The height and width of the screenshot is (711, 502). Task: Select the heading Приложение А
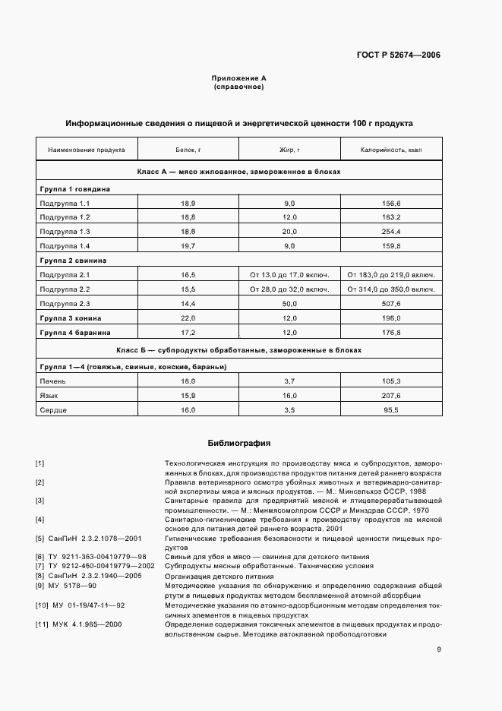(238, 78)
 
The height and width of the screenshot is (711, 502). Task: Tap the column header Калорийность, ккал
(390, 150)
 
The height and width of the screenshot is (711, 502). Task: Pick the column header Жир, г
(289, 150)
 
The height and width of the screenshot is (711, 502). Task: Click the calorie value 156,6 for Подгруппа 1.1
(390, 204)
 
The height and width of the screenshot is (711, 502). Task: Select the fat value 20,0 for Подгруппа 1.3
(289, 231)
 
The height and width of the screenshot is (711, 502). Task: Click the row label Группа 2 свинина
(73, 260)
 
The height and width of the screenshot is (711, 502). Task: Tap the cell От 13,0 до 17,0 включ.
(289, 274)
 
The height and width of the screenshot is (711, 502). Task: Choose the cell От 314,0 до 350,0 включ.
(390, 289)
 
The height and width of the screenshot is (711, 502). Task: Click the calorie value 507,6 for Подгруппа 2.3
(390, 303)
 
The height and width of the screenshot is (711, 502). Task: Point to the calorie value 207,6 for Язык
(390, 396)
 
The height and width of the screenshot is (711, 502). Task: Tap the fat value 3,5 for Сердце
(289, 410)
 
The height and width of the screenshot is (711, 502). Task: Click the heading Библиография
(238, 443)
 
